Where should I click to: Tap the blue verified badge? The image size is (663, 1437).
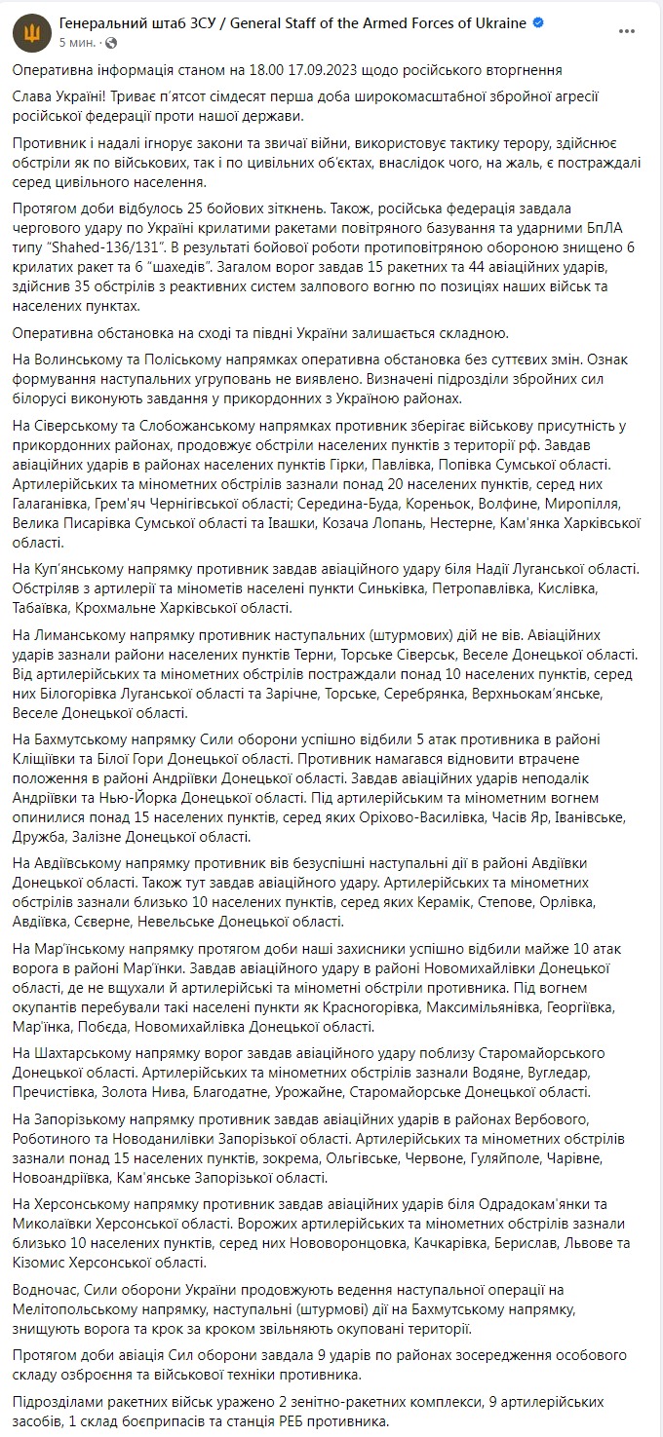pos(539,23)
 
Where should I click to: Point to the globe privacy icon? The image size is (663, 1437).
pos(108,43)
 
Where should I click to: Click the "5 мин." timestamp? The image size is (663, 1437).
pos(78,43)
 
